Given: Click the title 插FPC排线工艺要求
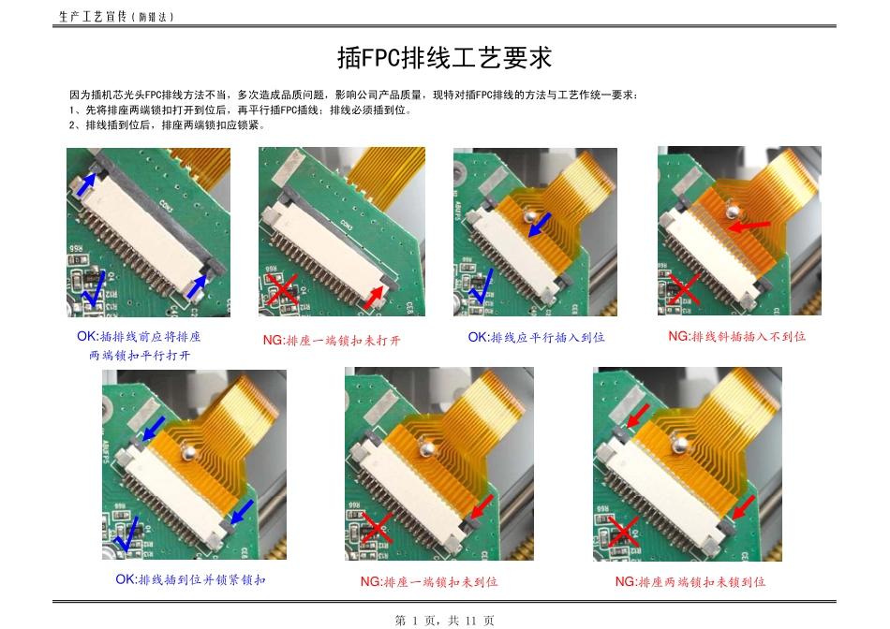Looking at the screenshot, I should [444, 58].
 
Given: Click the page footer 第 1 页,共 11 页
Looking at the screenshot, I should [444, 620].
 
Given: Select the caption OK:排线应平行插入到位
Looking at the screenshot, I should [536, 337].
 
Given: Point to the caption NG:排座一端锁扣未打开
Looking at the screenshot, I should [332, 340].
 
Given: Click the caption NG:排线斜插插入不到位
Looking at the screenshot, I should [736, 336].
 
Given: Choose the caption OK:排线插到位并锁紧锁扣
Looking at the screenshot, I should [190, 579].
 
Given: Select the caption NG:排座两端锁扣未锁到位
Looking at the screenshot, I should [690, 581].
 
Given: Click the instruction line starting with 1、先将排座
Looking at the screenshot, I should [241, 110].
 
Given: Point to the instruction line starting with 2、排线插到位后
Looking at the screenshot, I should [169, 124].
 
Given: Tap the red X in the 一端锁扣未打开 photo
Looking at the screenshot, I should [282, 290].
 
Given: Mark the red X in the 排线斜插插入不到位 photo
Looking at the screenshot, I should [685, 289].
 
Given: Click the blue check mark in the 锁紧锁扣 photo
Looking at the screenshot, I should [126, 535].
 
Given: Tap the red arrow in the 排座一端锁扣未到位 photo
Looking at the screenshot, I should [480, 507].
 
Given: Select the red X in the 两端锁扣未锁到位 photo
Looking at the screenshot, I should [622, 531].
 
